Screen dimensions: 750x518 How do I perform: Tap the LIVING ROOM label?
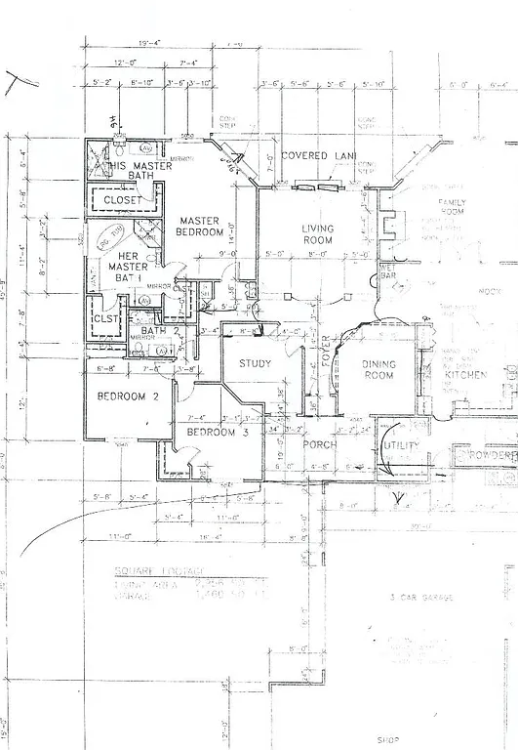pos(317,234)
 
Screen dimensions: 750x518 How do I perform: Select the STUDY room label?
pos(255,366)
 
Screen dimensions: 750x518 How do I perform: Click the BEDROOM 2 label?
pos(127,397)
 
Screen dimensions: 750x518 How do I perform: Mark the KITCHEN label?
pos(465,375)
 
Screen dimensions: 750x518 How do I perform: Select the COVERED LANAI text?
pos(318,156)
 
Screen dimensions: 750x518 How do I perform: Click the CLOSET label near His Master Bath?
pos(123,200)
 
